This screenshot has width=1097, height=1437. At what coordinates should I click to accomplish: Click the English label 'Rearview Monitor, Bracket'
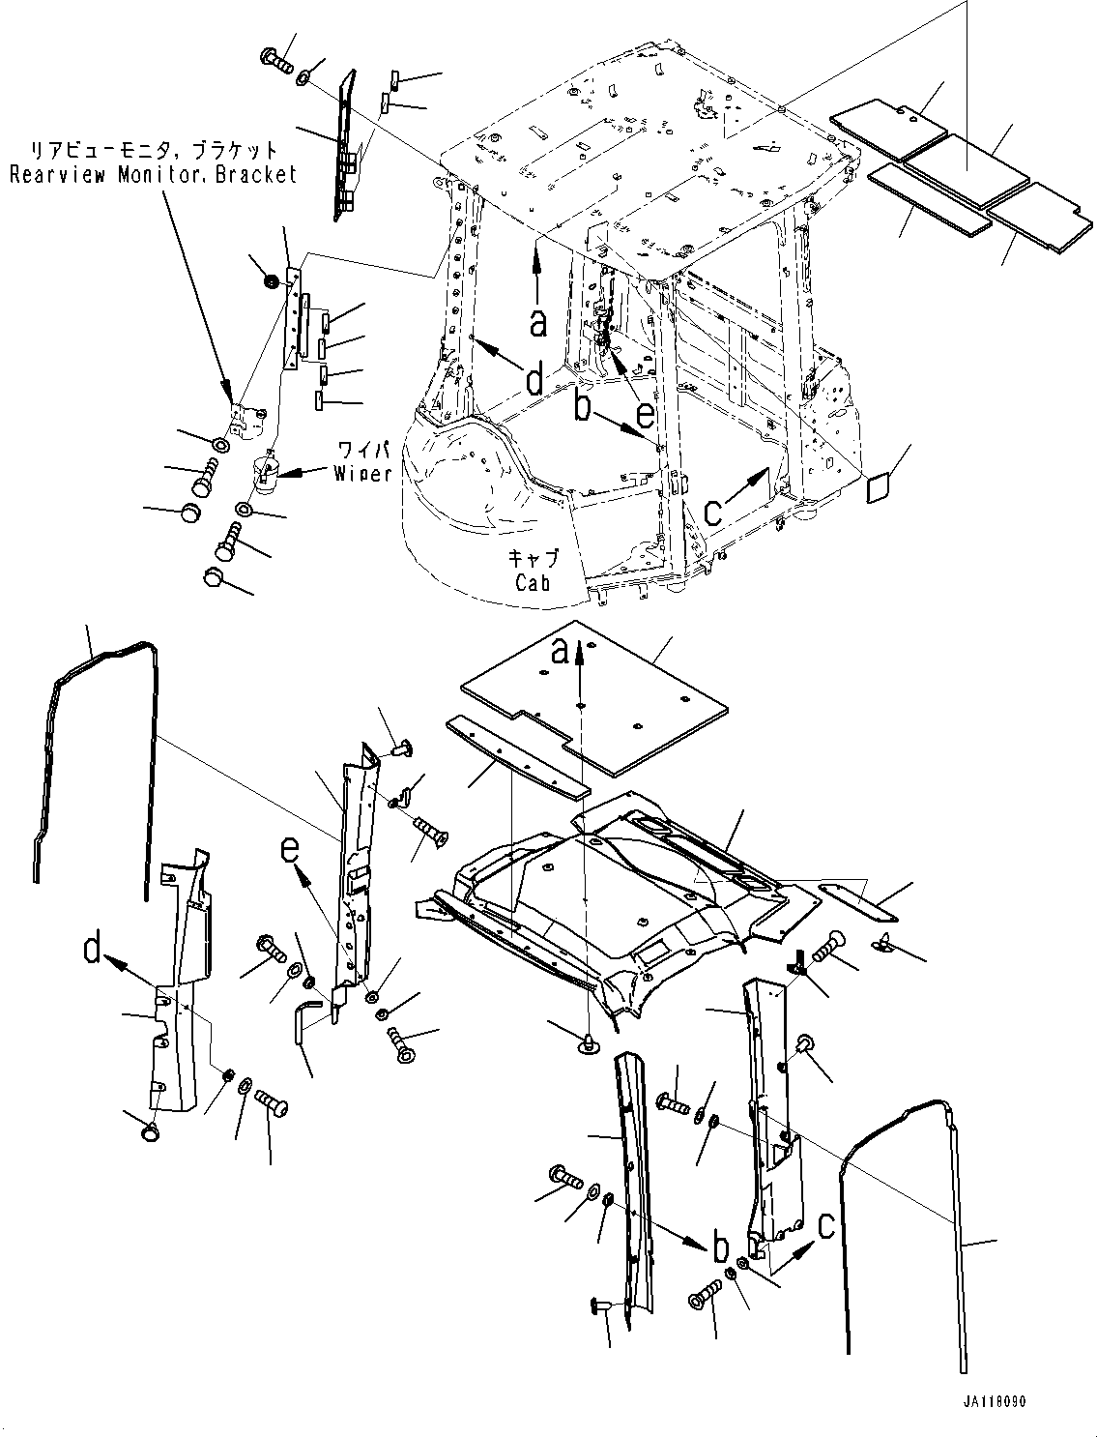pos(153,175)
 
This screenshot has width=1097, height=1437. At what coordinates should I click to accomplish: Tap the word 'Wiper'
pos(362,473)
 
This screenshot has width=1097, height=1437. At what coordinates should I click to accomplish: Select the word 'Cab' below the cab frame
pos(533,582)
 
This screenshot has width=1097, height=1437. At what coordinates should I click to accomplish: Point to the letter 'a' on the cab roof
pos(537,322)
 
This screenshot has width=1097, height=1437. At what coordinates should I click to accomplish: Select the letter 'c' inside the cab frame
pos(713,511)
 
